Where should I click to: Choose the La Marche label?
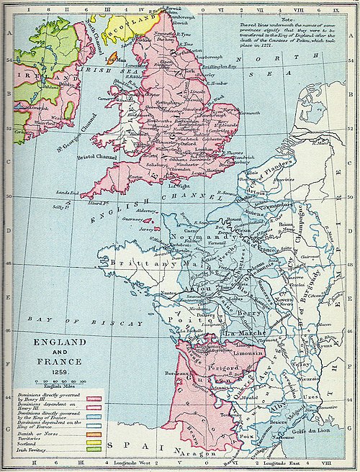pos(242,332)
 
